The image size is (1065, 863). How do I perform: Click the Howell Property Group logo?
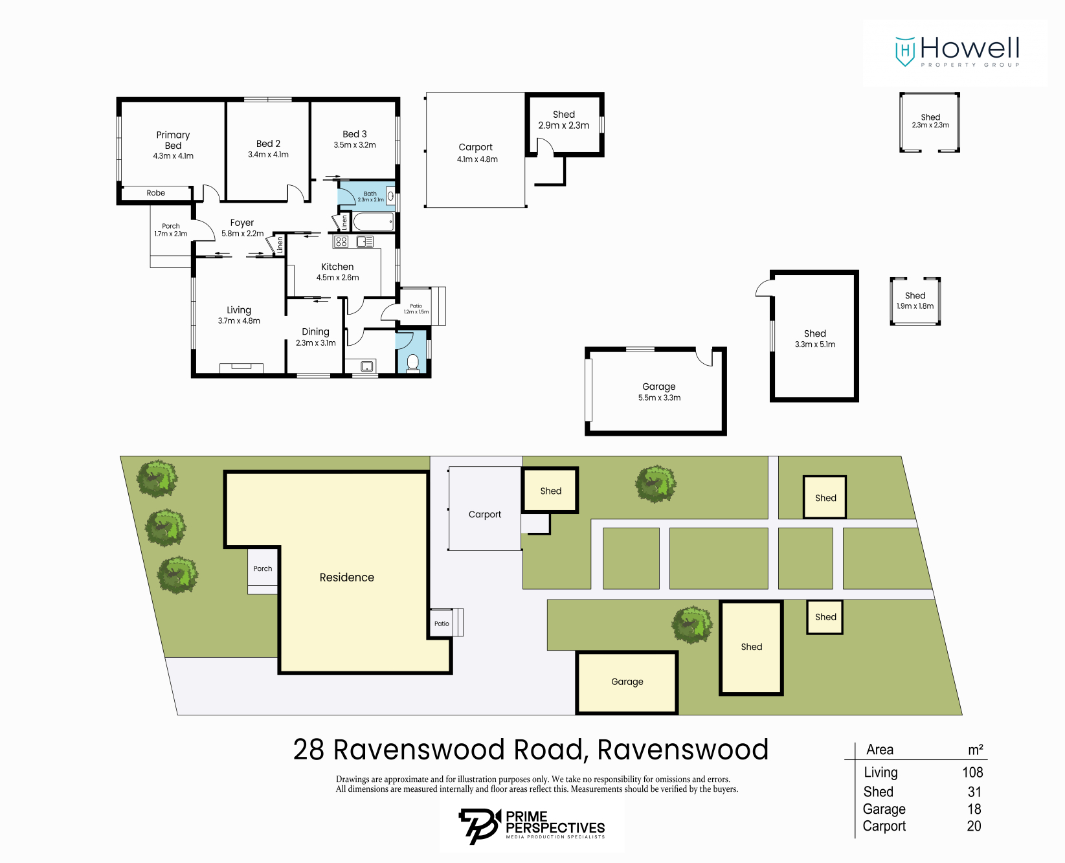pos(956,51)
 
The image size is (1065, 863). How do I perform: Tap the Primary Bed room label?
pos(173,140)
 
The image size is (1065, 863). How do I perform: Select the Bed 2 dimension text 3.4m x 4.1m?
pos(268,155)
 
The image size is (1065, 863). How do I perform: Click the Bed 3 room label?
pos(354,134)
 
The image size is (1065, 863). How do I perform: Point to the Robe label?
pos(155,193)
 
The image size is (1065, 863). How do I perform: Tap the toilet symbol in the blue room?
pos(412,363)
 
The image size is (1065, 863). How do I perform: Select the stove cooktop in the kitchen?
pos(341,241)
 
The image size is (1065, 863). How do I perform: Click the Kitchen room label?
pos(337,267)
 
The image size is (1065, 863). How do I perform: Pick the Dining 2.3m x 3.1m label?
pos(315,337)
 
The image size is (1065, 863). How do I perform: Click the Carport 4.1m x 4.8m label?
pos(476,153)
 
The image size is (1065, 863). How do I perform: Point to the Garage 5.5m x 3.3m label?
pos(659,392)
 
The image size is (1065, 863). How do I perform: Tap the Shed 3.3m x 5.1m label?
pos(814,339)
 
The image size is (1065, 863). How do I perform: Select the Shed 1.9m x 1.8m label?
pos(915,300)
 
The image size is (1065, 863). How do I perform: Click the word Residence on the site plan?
pos(346,577)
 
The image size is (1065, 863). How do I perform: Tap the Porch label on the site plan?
pos(262,568)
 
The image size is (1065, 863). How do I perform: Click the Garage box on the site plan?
pos(627,682)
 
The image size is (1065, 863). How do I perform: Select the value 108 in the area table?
pos(972,772)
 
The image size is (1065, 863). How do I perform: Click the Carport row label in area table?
pos(884,826)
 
